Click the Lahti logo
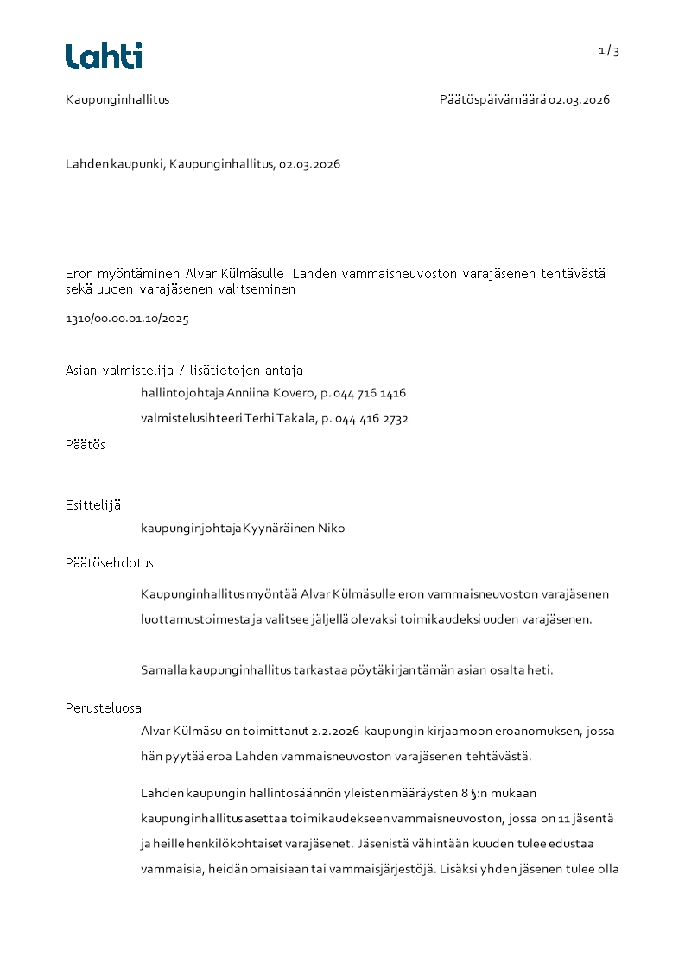click(x=104, y=56)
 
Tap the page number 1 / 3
click(x=609, y=51)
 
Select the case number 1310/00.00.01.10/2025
click(x=127, y=319)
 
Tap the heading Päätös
click(x=85, y=445)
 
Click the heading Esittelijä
click(x=92, y=504)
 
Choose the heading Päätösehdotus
click(x=109, y=563)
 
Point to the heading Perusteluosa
click(x=103, y=708)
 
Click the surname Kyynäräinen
click(x=279, y=528)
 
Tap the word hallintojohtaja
click(x=182, y=393)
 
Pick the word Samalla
click(x=163, y=670)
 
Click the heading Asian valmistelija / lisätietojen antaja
click(x=184, y=371)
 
